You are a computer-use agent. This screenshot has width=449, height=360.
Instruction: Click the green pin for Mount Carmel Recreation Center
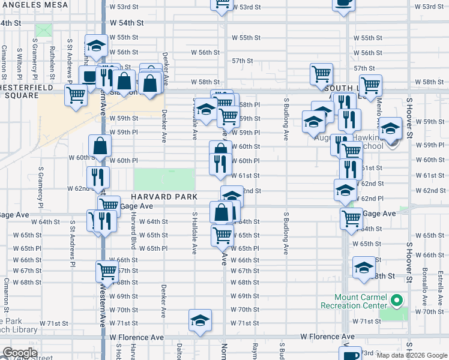tap(396, 300)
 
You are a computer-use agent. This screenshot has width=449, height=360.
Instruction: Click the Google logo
tap(19, 353)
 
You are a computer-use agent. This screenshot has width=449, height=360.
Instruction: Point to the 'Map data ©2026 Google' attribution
tap(411, 355)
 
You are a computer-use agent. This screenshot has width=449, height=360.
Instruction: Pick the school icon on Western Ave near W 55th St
tap(95, 46)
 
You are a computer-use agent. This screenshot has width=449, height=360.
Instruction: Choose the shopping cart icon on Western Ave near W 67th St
tap(107, 271)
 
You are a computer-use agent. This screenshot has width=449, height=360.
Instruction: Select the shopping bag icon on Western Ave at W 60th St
tap(100, 145)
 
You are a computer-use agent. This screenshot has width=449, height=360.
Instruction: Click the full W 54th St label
tap(127, 22)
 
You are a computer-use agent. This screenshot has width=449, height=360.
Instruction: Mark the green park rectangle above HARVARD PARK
tap(164, 179)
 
